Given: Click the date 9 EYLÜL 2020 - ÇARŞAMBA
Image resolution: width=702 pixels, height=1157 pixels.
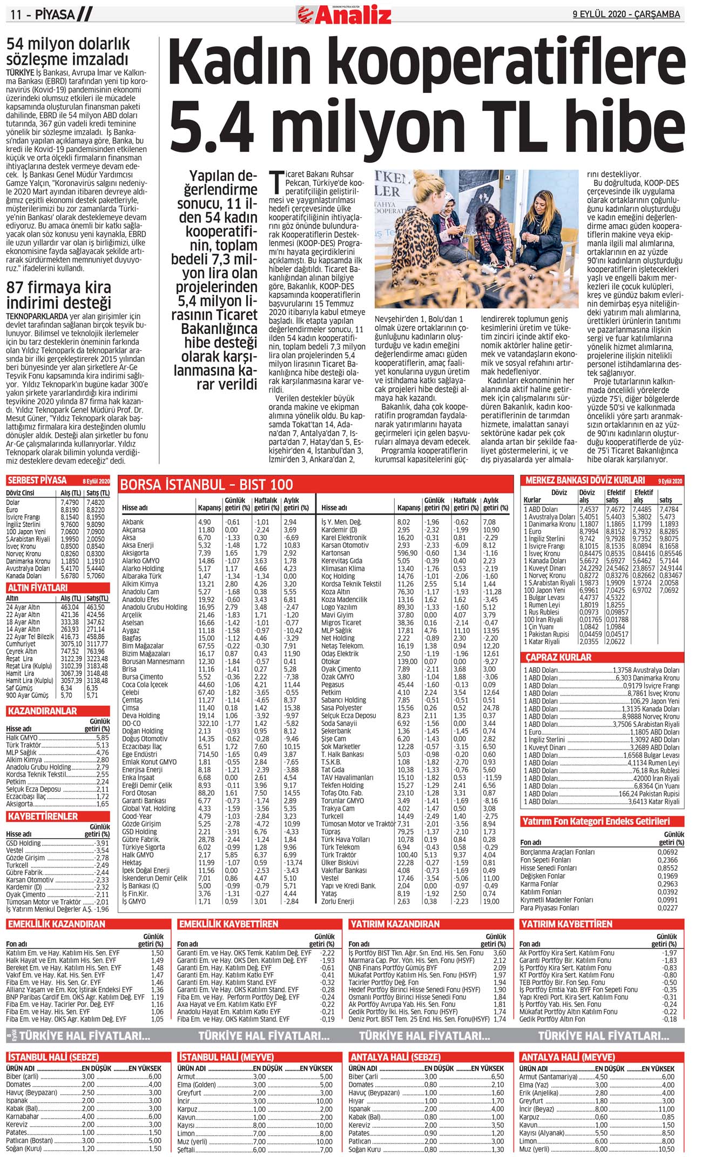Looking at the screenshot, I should tap(626, 15).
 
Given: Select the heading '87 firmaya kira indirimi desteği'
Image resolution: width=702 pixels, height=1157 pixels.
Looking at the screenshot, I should tap(59, 295).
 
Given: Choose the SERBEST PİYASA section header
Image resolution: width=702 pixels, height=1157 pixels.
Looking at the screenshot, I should tap(37, 480).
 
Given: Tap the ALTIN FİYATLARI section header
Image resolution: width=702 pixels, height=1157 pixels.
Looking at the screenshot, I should tap(37, 587).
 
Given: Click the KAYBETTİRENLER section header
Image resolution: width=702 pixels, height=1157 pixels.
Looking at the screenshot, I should tap(43, 816).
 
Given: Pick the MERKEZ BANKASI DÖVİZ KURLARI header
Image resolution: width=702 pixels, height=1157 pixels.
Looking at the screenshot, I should tap(585, 480).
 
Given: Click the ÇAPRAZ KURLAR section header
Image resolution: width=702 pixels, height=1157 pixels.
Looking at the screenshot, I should tap(558, 657).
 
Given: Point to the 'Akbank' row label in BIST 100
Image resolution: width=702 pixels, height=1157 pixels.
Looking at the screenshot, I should tap(133, 522).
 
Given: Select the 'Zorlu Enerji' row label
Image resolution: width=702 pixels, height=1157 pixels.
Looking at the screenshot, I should tap(337, 901).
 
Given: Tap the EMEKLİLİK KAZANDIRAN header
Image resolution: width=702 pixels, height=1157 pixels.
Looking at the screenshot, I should tap(57, 924).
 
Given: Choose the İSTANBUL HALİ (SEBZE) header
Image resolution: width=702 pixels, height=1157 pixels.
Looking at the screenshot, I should tap(53, 1057).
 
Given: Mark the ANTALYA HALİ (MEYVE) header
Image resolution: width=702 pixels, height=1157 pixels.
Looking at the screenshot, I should tap(567, 1057).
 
